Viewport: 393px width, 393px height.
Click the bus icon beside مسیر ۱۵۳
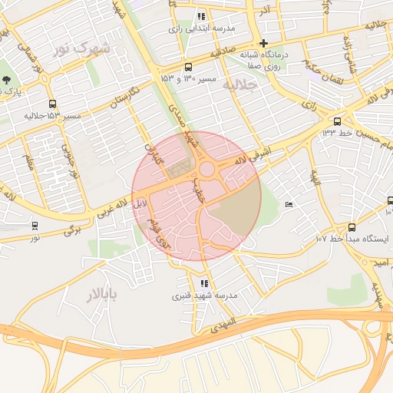tap(52, 104)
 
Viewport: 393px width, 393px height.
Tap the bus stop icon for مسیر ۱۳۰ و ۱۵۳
tap(189, 67)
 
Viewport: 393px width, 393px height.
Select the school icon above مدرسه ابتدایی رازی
tap(201, 16)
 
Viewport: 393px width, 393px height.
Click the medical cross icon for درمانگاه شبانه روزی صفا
tap(263, 43)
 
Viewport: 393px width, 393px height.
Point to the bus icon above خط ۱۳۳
tap(337, 121)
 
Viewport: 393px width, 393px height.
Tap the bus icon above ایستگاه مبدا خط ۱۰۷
tap(352, 227)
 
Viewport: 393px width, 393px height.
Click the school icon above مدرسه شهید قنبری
tap(203, 284)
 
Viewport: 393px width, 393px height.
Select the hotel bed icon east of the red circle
tap(289, 204)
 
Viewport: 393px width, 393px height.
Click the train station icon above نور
tap(35, 226)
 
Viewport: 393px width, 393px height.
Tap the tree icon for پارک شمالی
tap(7, 79)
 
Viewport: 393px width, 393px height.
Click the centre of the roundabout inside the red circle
tap(206, 170)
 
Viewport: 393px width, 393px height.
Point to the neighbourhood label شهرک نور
tap(82, 49)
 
